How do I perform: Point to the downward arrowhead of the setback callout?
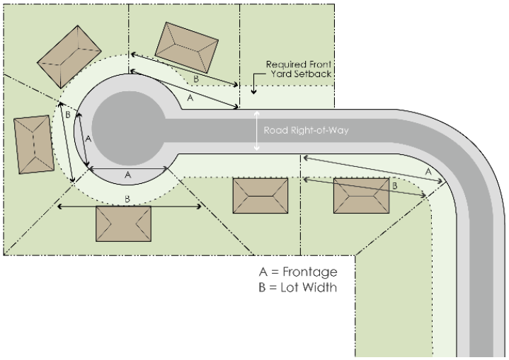click(253, 91)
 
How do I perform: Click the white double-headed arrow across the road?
click(257, 131)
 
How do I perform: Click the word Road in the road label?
click(276, 130)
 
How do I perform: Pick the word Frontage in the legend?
click(309, 272)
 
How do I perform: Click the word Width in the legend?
click(321, 287)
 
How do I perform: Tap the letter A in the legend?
click(263, 272)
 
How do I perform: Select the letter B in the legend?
click(263, 287)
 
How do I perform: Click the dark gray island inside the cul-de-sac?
click(129, 129)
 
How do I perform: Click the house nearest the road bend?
click(361, 196)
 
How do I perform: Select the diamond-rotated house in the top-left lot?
click(69, 57)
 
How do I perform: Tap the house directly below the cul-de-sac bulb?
click(123, 223)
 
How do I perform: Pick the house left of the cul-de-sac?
click(34, 145)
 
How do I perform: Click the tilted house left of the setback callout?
click(187, 47)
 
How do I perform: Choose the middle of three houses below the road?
click(261, 196)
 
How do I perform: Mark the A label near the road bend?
click(428, 172)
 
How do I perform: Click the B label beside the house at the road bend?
click(395, 186)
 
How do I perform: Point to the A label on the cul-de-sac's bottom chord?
click(128, 175)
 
